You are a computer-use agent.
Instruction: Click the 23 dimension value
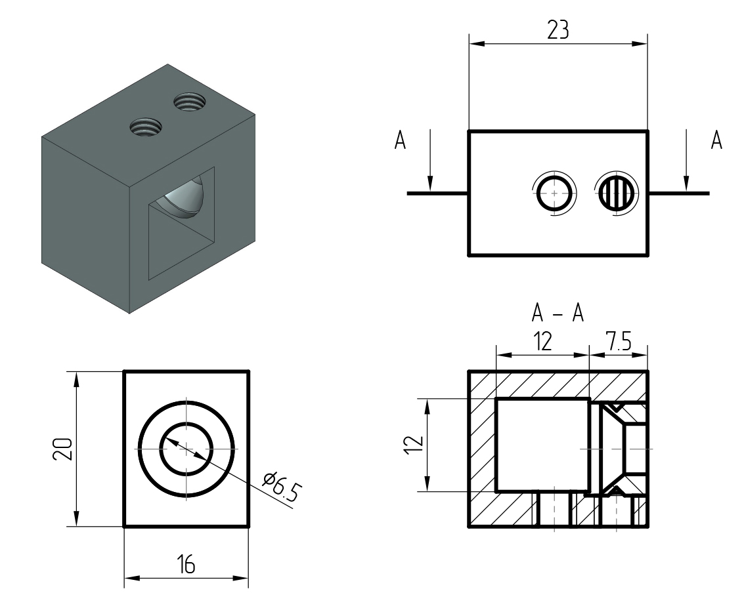point(558,30)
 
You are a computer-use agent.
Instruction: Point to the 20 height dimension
point(62,449)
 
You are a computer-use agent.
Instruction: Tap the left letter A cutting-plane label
point(399,141)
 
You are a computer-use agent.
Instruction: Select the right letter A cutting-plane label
point(716,141)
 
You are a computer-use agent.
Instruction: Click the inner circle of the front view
point(186,449)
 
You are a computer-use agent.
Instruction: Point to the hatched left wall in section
point(482,453)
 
